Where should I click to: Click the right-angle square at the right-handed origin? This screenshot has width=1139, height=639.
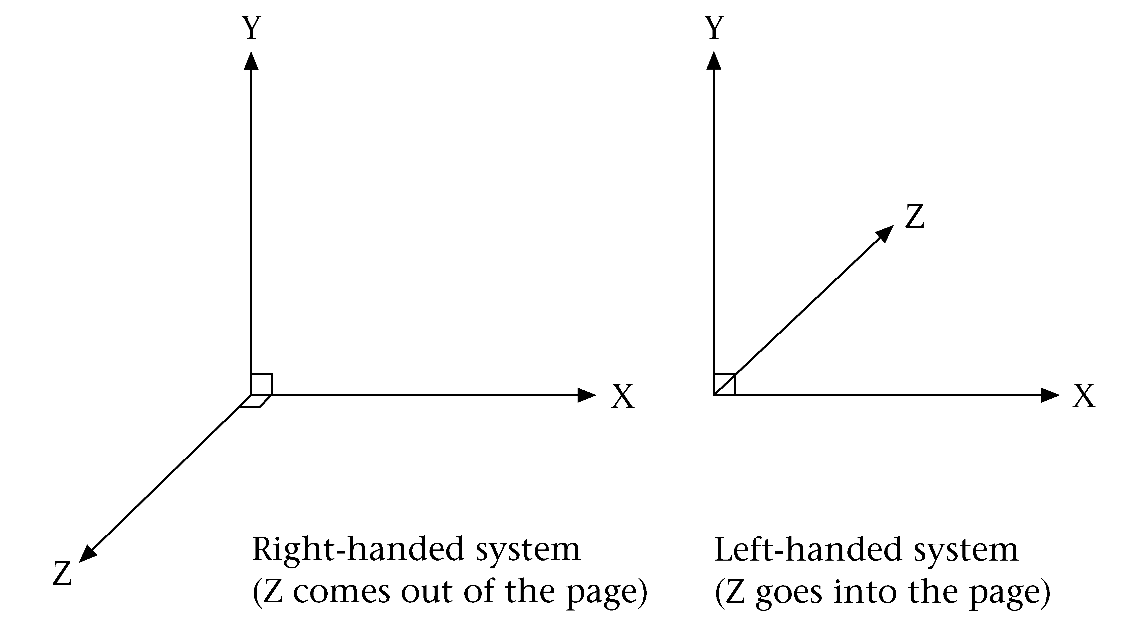(262, 384)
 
